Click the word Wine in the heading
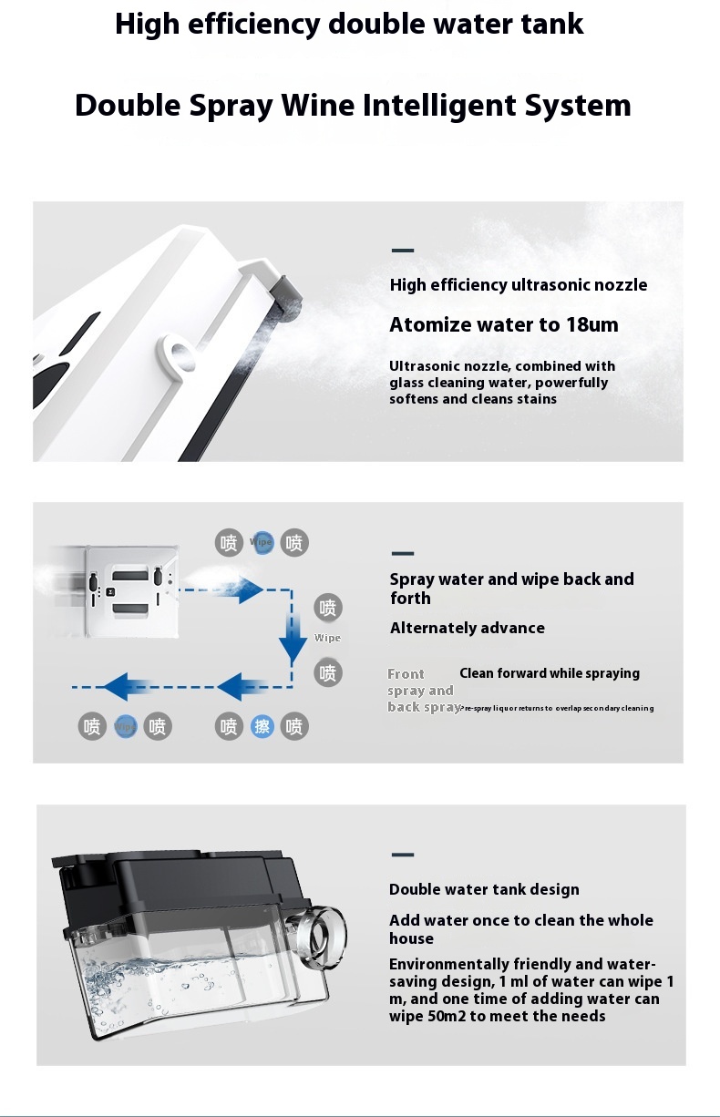coord(317,106)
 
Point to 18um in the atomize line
coord(591,325)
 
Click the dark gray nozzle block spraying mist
coord(289,300)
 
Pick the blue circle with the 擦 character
coord(262,726)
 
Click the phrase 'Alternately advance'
coord(468,628)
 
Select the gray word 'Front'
coord(406,674)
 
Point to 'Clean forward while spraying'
coord(550,673)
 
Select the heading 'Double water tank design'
coord(484,889)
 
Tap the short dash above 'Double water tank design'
coord(402,856)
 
